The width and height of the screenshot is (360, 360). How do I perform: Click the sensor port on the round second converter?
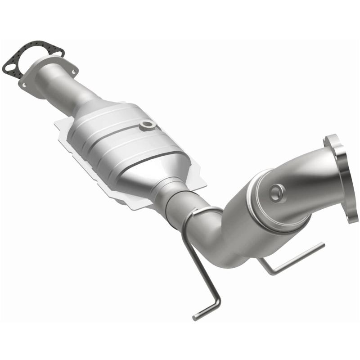coord(276,193)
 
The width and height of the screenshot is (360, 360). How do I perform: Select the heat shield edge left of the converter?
coord(63,130)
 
